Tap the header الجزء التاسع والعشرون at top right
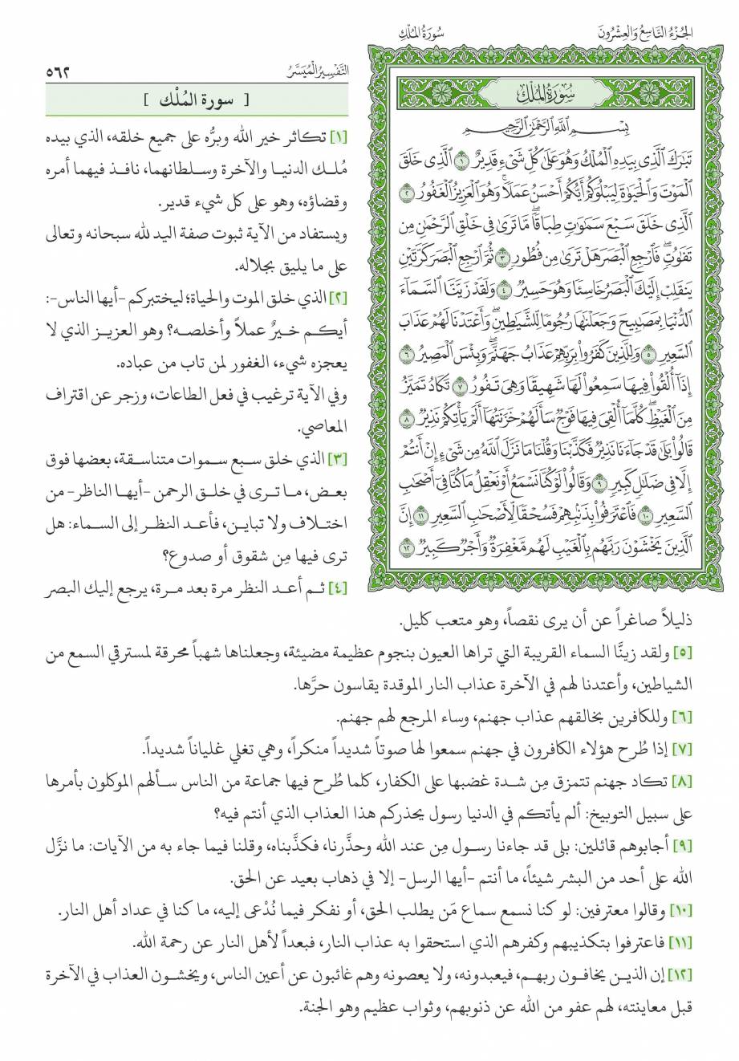coord(672,32)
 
